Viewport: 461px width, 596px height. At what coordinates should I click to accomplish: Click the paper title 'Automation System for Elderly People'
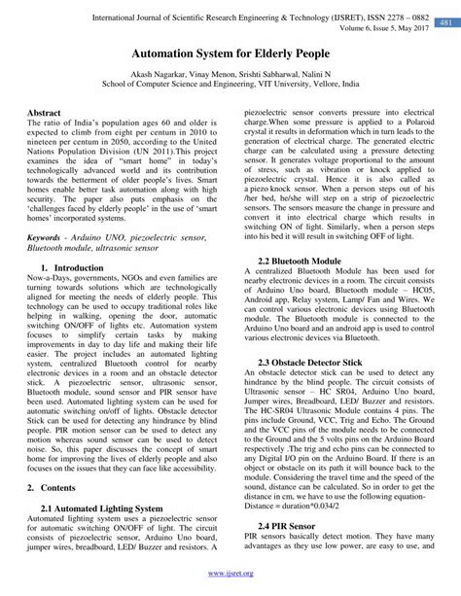[230, 59]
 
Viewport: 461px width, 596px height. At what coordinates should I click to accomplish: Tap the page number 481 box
[443, 21]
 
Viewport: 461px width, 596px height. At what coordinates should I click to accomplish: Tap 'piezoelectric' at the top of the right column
[269, 113]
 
